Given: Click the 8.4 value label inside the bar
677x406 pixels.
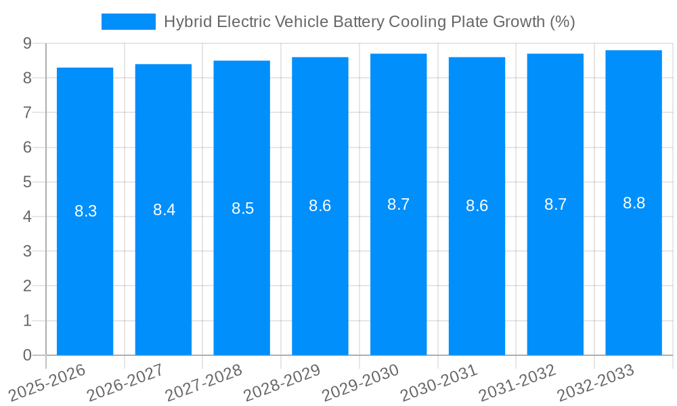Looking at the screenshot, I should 164,210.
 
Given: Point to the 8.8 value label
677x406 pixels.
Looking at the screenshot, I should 634,203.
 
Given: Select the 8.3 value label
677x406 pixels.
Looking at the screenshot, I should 85,211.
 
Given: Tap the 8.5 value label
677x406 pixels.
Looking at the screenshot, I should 242,208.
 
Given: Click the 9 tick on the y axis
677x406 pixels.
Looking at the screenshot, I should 27,43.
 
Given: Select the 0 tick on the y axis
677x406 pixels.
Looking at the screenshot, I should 27,355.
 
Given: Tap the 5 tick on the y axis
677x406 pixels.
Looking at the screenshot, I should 27,182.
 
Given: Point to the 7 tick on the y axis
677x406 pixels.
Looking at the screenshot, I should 27,112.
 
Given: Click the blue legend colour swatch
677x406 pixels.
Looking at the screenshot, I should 128,22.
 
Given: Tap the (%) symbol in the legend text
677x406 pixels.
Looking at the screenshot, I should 562,22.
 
